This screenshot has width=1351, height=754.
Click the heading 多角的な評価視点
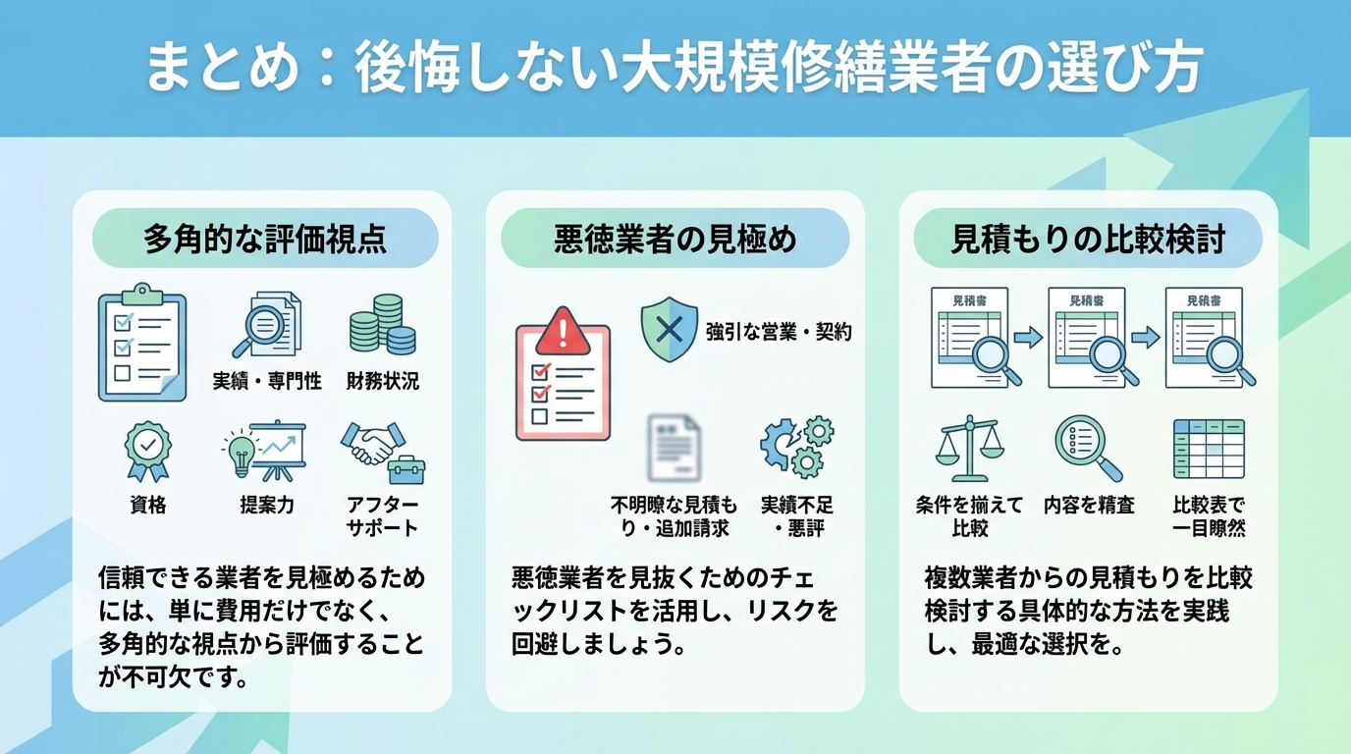click(x=264, y=240)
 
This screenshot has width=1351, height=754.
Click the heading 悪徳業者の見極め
click(x=675, y=240)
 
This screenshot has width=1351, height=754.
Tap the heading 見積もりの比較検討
click(x=1088, y=240)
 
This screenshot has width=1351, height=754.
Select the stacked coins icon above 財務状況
click(x=383, y=325)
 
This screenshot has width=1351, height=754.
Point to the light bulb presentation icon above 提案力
click(x=263, y=452)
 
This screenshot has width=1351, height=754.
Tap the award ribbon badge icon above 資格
click(x=148, y=452)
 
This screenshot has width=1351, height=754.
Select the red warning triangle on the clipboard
click(x=563, y=330)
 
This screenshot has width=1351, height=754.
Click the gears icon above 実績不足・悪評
click(x=796, y=447)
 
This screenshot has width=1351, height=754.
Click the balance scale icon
click(x=969, y=450)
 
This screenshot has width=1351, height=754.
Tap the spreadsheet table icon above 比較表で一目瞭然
click(x=1208, y=449)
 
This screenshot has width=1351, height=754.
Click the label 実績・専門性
click(x=267, y=381)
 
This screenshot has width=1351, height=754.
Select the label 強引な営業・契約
click(x=779, y=332)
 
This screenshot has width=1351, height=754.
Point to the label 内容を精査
click(x=1089, y=506)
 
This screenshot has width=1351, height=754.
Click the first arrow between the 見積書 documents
click(x=1028, y=337)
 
